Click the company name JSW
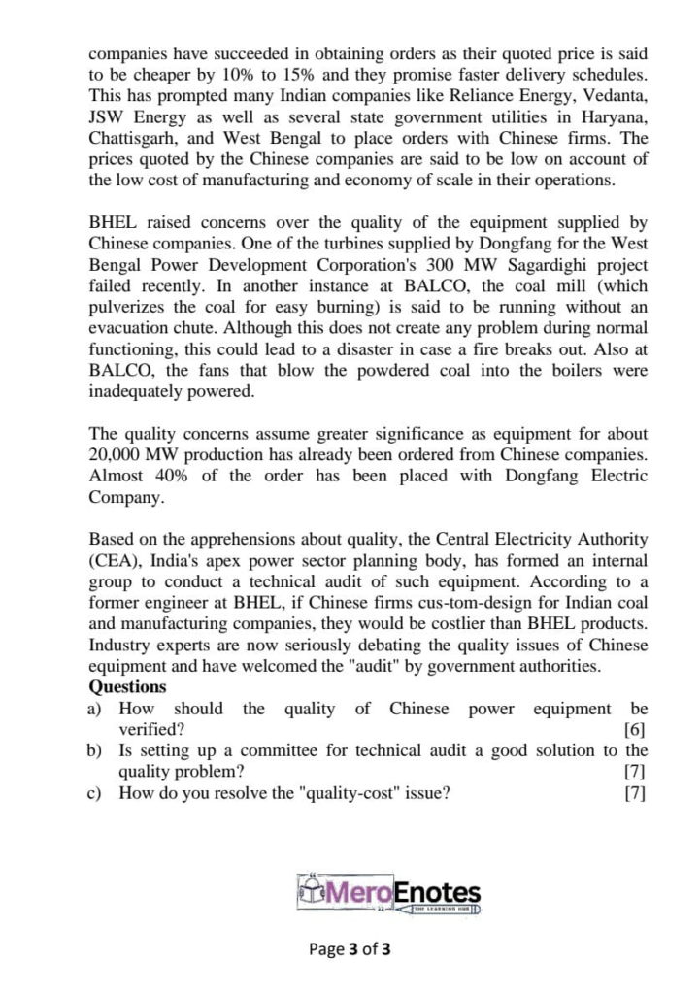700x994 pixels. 106,117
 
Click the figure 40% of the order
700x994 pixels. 171,477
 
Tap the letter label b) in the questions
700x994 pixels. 95,750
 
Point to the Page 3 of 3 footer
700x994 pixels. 350,948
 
